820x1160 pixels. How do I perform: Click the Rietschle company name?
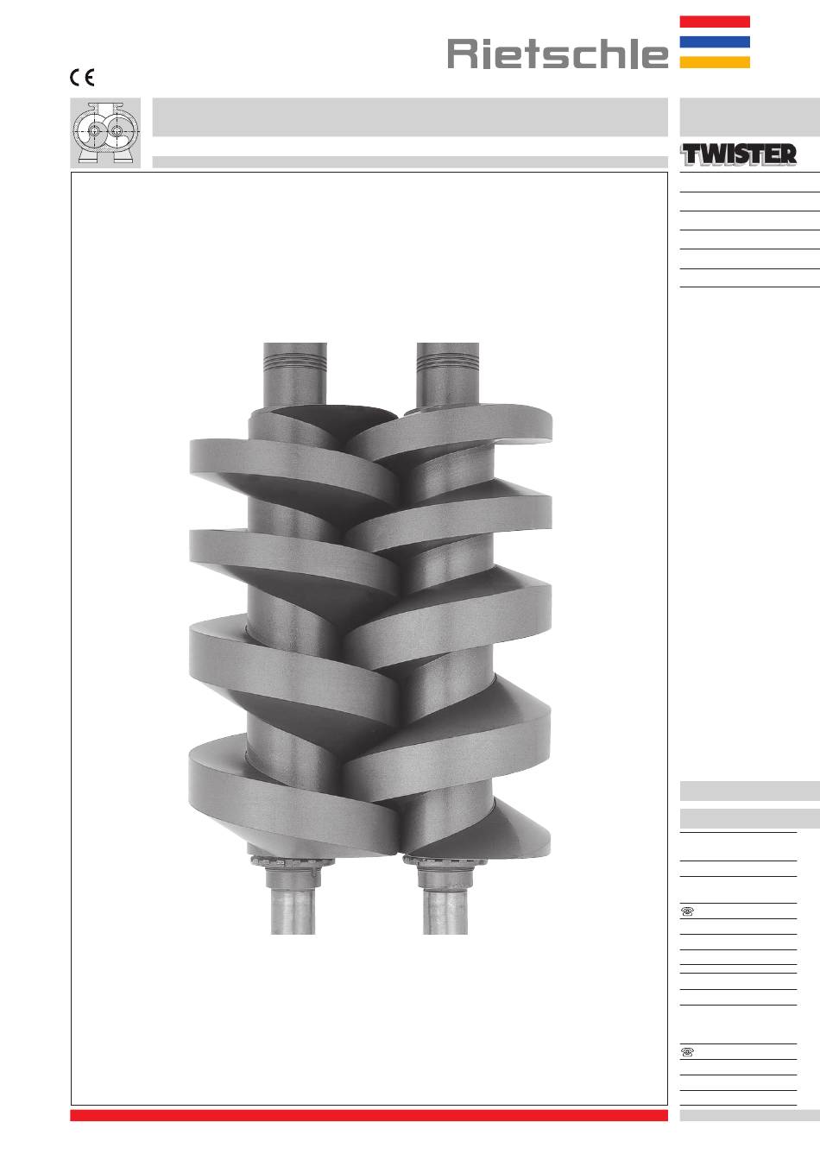[x=558, y=54]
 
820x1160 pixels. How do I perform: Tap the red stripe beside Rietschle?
[x=715, y=22]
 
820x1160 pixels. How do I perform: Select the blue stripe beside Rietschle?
[x=715, y=42]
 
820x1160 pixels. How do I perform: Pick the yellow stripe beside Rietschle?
[x=715, y=62]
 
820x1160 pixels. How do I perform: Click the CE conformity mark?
[x=82, y=78]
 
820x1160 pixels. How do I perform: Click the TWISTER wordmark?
[x=739, y=154]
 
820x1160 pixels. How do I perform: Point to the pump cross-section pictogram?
[x=105, y=133]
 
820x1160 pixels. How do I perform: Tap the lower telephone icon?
[x=687, y=1052]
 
